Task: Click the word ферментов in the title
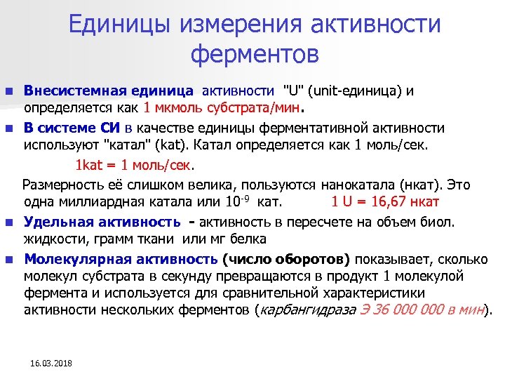coord(255,53)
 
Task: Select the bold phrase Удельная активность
coord(102,222)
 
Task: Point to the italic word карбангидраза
coord(302,310)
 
